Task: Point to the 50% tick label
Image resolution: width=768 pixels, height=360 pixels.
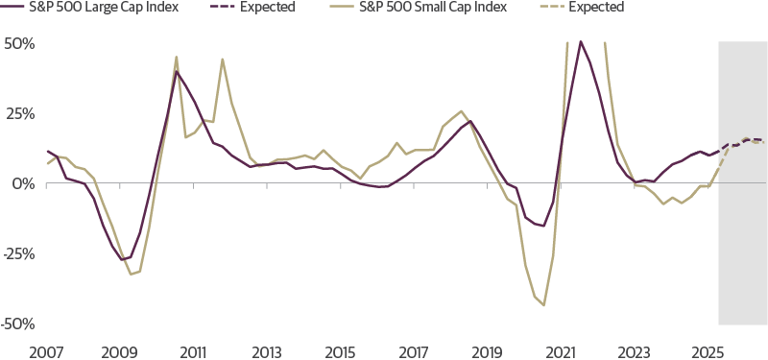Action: (19, 44)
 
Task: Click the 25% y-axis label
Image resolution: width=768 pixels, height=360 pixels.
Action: (19, 113)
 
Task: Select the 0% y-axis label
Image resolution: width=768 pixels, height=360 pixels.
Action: (23, 182)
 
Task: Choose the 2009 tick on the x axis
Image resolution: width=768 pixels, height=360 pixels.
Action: (119, 350)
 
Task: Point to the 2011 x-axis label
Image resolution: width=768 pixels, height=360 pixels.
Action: (193, 350)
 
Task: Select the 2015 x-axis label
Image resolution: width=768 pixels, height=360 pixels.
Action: (340, 350)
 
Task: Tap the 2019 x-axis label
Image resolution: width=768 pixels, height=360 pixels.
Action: (487, 350)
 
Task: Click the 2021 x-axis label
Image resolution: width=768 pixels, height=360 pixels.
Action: (561, 350)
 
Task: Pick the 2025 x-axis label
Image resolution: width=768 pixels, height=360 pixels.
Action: (708, 350)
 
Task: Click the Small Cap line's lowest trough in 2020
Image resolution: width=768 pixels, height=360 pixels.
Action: (543, 305)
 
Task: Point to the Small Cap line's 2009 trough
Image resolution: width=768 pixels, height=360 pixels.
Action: (132, 275)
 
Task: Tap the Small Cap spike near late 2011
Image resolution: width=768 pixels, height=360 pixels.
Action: (223, 59)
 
